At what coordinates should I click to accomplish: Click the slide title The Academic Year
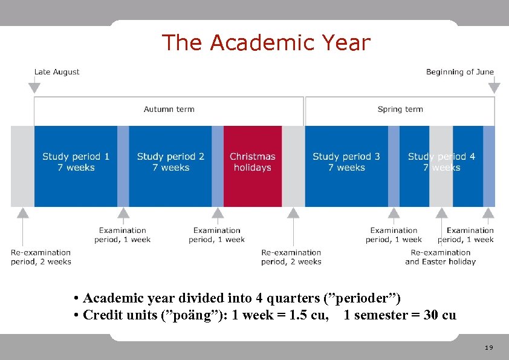click(266, 43)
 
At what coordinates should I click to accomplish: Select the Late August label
click(57, 72)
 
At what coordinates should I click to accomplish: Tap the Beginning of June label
click(459, 72)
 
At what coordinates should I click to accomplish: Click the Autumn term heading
click(169, 110)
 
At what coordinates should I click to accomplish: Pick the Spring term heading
click(400, 110)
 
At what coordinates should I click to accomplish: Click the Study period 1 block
click(76, 162)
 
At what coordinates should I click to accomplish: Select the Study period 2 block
click(170, 162)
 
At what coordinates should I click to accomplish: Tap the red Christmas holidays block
click(253, 162)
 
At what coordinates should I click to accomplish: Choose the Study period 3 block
click(346, 162)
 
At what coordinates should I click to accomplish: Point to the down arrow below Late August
click(34, 88)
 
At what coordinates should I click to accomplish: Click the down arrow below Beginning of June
click(494, 88)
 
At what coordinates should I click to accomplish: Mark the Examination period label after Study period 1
click(123, 235)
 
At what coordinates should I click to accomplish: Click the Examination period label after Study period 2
click(217, 235)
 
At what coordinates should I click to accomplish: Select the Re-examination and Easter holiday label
click(441, 257)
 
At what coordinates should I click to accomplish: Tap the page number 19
click(489, 348)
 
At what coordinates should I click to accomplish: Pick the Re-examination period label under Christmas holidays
click(291, 257)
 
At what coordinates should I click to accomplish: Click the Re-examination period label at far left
click(41, 257)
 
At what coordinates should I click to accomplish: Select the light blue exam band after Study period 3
click(394, 166)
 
